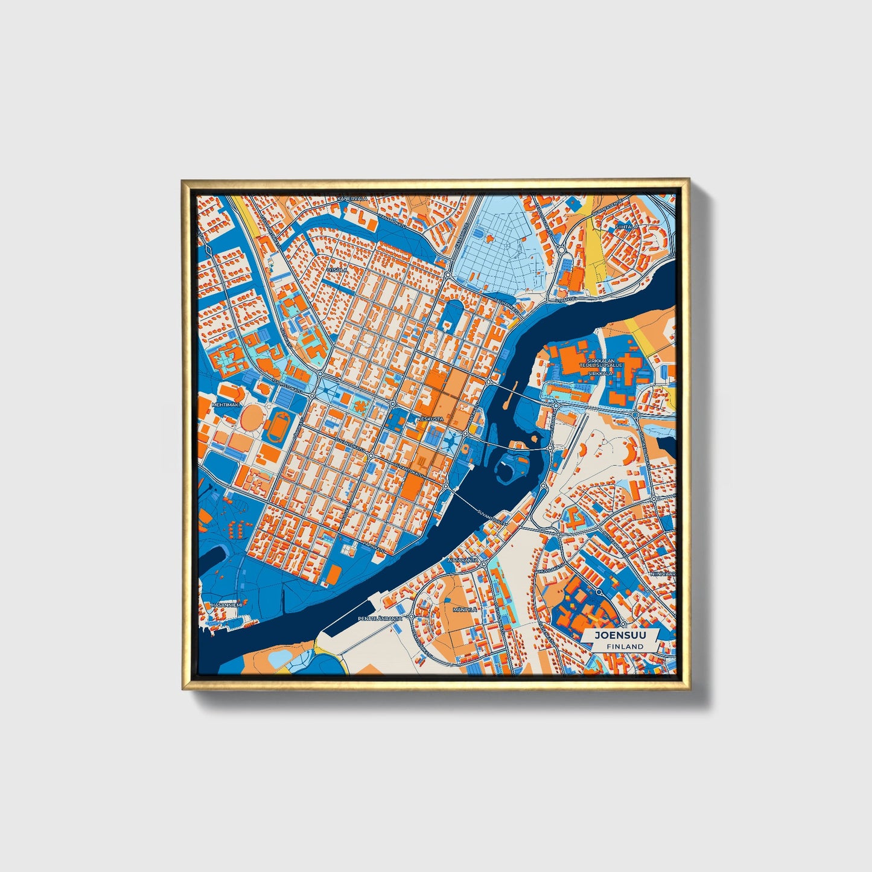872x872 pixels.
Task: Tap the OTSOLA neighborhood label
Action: (337, 270)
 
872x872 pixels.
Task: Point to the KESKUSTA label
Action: (430, 418)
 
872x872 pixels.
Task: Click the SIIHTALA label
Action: (626, 227)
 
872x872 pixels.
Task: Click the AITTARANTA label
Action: (463, 560)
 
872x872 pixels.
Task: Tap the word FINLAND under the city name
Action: (625, 646)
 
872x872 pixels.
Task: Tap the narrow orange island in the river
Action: (511, 393)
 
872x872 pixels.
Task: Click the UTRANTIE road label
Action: (566, 299)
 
